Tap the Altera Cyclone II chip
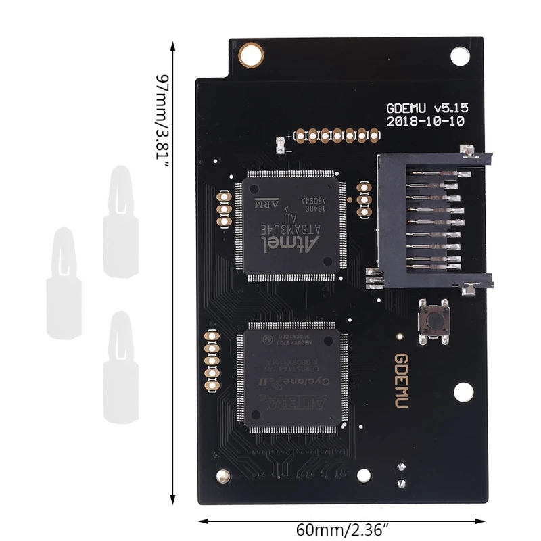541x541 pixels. pos(293,377)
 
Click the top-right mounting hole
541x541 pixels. pos(461,53)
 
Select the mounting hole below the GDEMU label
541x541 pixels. pos(463,392)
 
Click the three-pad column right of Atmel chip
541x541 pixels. pos(364,201)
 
